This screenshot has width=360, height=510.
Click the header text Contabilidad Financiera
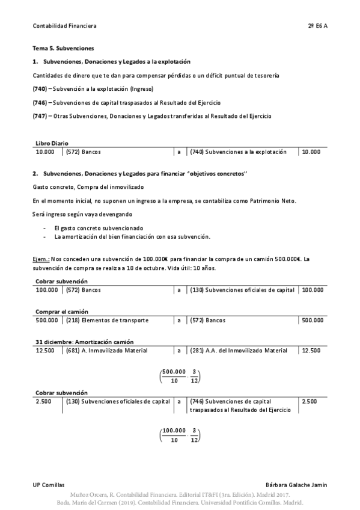pyautogui.click(x=64, y=26)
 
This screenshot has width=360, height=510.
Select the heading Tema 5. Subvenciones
pyautogui.click(x=63, y=48)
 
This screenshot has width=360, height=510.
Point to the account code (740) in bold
pyautogui.click(x=40, y=89)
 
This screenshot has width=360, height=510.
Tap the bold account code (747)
pyautogui.click(x=40, y=115)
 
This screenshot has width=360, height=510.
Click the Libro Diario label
pyautogui.click(x=52, y=143)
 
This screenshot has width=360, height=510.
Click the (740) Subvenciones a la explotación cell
pyautogui.click(x=242, y=152)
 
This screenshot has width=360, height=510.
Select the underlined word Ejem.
pyautogui.click(x=41, y=259)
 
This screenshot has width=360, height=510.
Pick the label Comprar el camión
pyautogui.click(x=62, y=312)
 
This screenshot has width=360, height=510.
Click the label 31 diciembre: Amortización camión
pyautogui.click(x=85, y=342)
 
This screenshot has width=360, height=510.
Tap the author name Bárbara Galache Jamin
pyautogui.click(x=296, y=484)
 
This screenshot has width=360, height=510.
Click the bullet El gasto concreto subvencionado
pyautogui.click(x=99, y=228)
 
